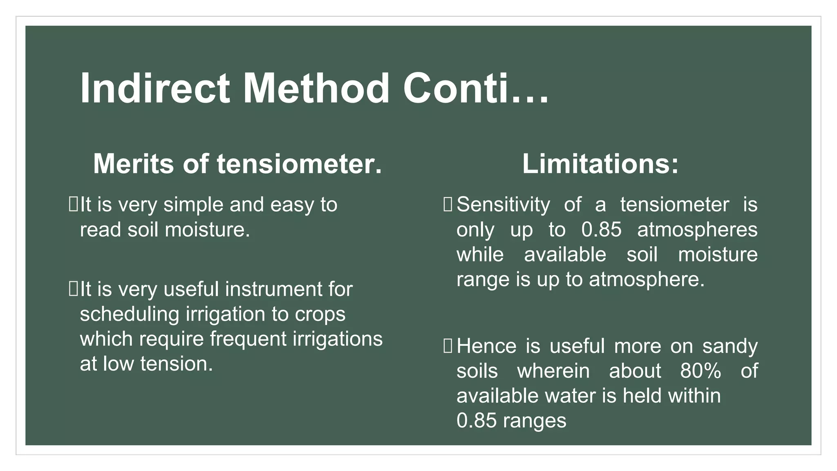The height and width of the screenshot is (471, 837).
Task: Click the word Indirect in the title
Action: click(155, 89)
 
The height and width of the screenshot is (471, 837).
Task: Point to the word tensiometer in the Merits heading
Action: click(299, 164)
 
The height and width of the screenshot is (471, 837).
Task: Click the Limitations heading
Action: click(600, 164)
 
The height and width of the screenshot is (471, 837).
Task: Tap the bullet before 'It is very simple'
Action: click(73, 204)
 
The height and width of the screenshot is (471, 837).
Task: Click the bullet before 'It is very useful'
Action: click(73, 289)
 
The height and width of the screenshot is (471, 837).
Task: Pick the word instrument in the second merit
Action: click(274, 289)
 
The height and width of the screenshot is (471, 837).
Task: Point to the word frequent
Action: click(248, 339)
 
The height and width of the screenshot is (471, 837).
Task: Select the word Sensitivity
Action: click(503, 204)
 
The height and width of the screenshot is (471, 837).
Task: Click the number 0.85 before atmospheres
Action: click(601, 230)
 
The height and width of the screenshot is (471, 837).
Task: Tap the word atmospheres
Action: click(697, 230)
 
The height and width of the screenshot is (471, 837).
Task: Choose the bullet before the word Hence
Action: click(448, 346)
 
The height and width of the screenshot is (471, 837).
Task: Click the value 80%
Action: click(700, 371)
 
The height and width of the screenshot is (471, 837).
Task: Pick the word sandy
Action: click(730, 347)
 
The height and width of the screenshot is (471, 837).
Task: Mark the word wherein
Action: click(553, 371)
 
